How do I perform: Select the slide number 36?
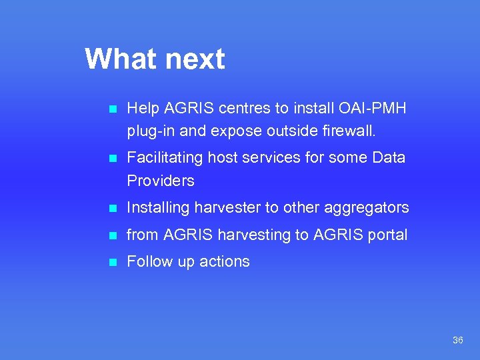pyautogui.click(x=457, y=340)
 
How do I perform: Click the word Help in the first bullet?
pyautogui.click(x=141, y=108)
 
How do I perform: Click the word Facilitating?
pyautogui.click(x=165, y=158)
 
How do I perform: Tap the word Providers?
pyautogui.click(x=161, y=181)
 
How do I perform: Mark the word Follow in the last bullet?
pyautogui.click(x=148, y=261)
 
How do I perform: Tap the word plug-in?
pyautogui.click(x=150, y=131)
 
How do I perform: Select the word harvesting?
pyautogui.click(x=249, y=235)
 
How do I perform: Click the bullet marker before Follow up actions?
pyautogui.click(x=113, y=262)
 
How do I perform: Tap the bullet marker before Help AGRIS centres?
pyautogui.click(x=113, y=109)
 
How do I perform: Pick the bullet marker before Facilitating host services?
pyautogui.click(x=113, y=159)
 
